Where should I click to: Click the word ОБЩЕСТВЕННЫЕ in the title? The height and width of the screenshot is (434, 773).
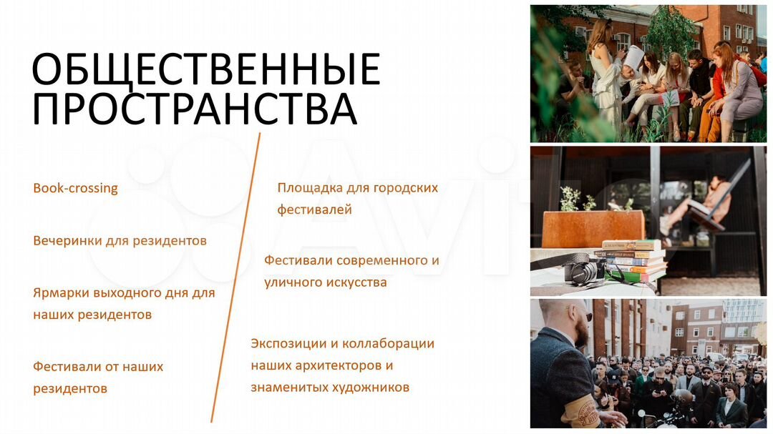pos(206,69)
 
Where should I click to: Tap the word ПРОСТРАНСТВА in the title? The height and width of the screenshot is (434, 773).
pos(195,109)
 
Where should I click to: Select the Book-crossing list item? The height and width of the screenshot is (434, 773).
pos(75,188)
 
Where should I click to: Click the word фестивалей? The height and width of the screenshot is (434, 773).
pos(314,210)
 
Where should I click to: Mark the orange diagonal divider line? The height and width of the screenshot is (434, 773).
pos(235,277)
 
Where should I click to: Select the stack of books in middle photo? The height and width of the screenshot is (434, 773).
pos(634,260)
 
